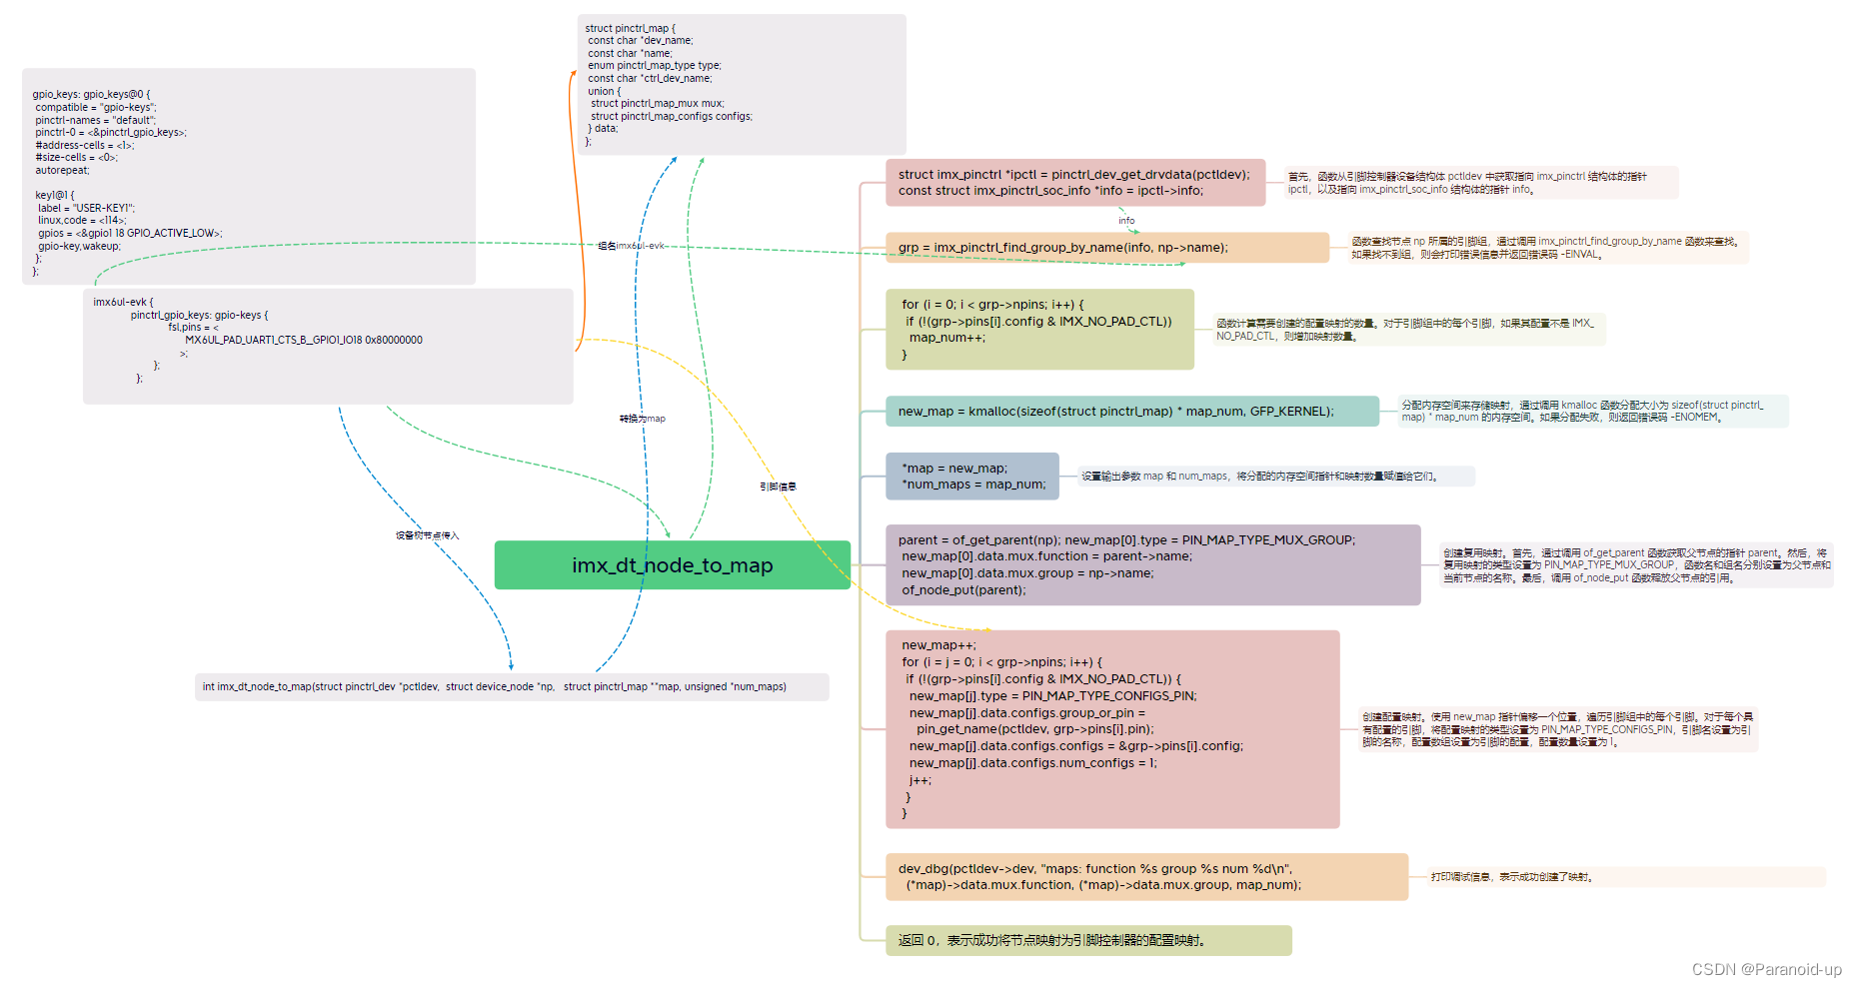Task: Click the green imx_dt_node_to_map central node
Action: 672,565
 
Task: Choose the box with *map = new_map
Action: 971,477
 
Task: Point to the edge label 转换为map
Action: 642,419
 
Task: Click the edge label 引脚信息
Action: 778,487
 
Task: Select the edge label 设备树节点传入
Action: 427,535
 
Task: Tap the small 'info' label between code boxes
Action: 1126,221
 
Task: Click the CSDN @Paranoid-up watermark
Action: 1766,969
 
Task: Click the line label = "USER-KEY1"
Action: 86,208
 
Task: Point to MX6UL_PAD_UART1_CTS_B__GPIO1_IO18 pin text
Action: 303,340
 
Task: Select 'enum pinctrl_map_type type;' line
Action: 654,66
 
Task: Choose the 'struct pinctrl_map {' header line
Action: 630,28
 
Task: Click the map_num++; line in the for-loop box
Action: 946,338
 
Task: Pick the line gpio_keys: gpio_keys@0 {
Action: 91,95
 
